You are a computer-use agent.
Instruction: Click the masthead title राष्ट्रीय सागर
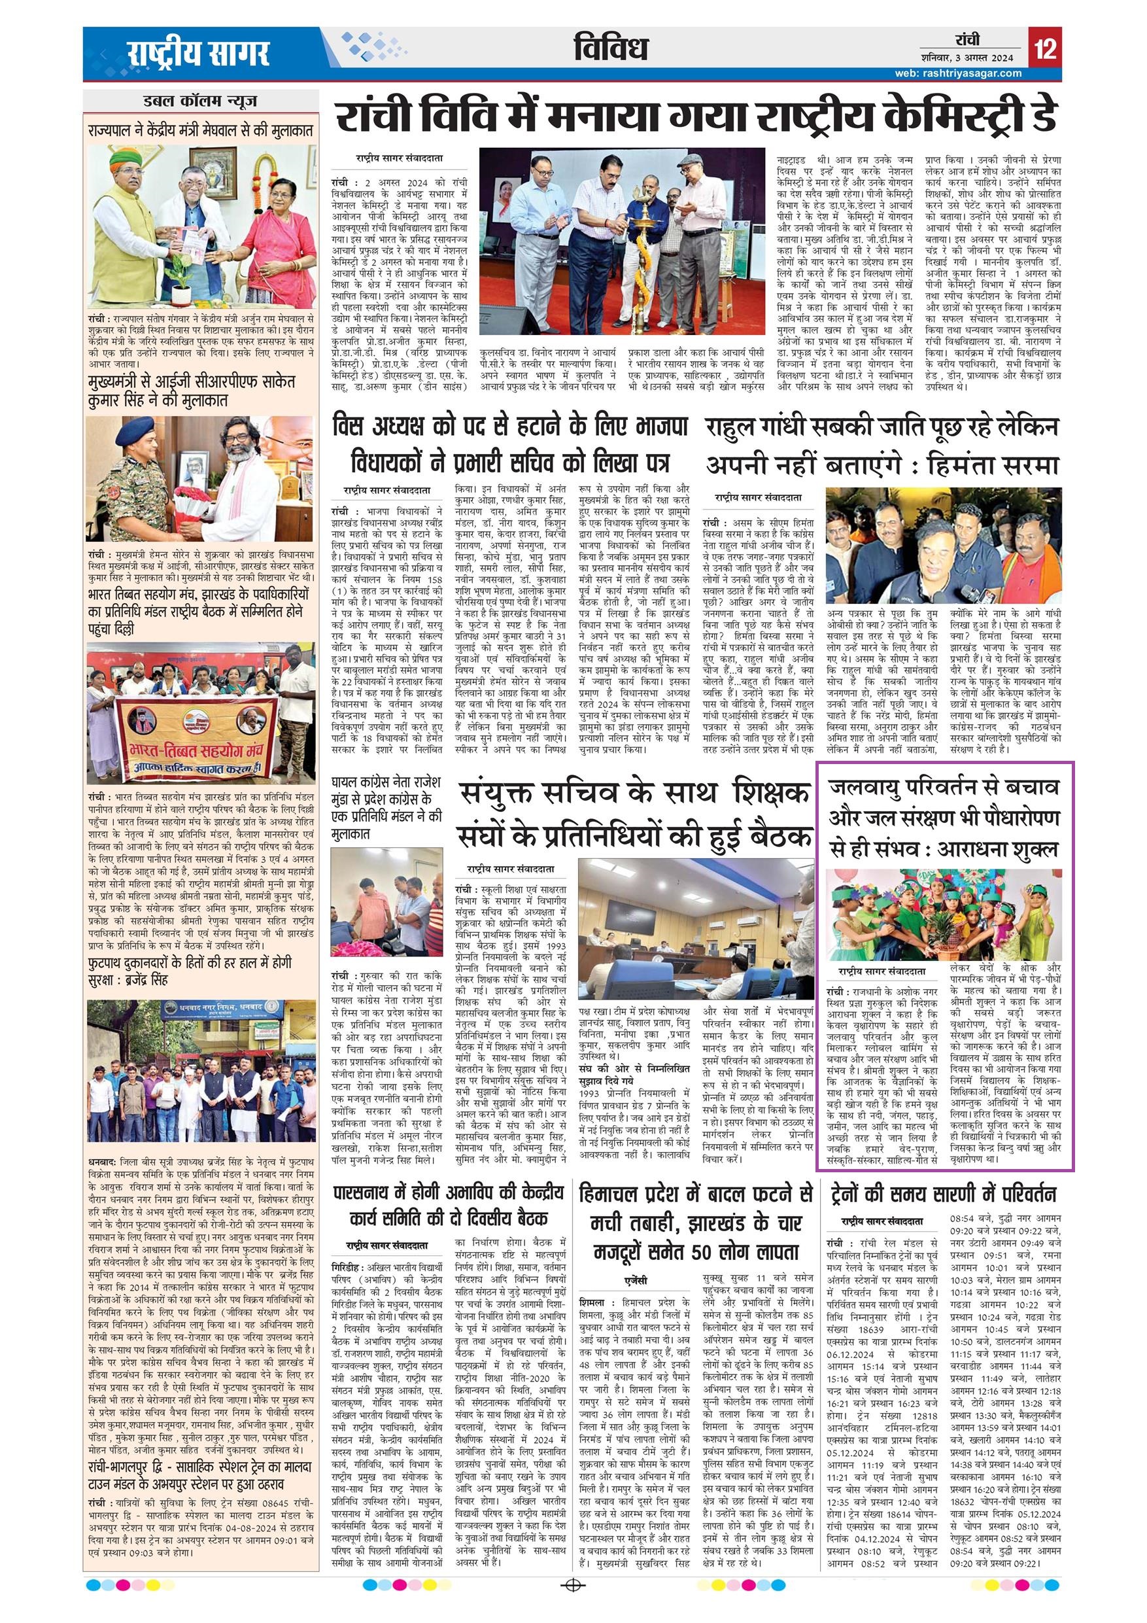tap(199, 53)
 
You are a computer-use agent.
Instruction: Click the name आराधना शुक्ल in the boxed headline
tap(1000, 850)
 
